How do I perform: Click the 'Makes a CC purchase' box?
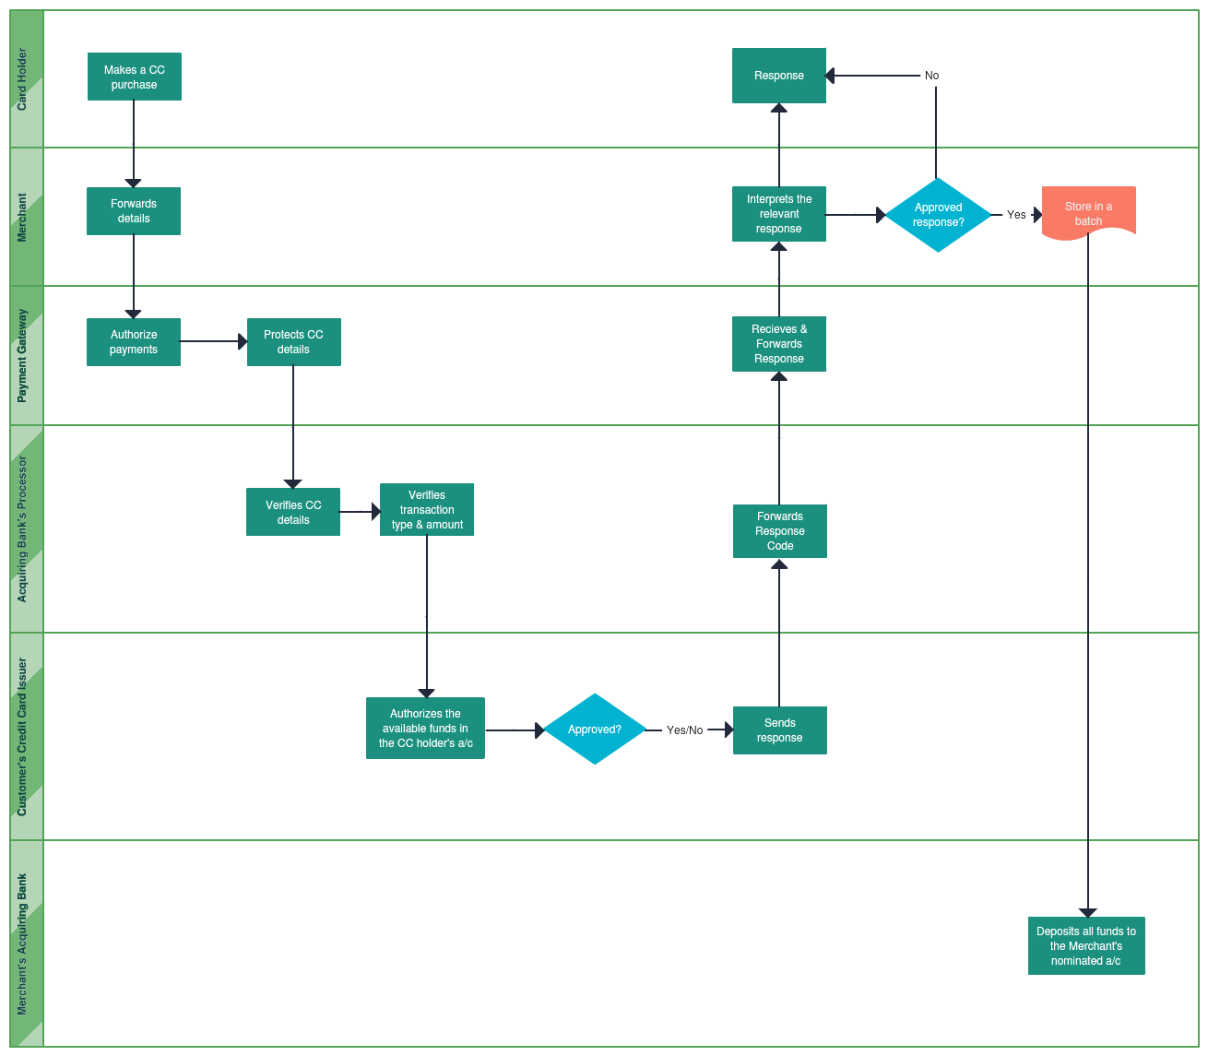134,77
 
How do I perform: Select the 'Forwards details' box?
134,211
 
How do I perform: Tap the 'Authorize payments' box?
134,342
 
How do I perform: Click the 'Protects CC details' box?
293,342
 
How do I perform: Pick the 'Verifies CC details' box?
293,512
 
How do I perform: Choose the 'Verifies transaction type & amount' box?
427,510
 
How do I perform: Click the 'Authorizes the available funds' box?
425,729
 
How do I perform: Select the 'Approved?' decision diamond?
595,730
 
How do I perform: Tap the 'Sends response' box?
779,730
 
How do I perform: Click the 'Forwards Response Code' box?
779,531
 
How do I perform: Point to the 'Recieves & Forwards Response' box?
779,344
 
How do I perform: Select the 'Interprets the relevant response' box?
779,214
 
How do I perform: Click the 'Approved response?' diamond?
938,215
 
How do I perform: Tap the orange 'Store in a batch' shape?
1088,213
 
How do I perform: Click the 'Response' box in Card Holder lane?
779,76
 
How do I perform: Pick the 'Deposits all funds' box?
1086,946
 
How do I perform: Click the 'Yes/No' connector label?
684,730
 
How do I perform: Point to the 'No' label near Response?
931,76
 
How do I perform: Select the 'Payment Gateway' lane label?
23,356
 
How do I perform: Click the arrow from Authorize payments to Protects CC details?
213,341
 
